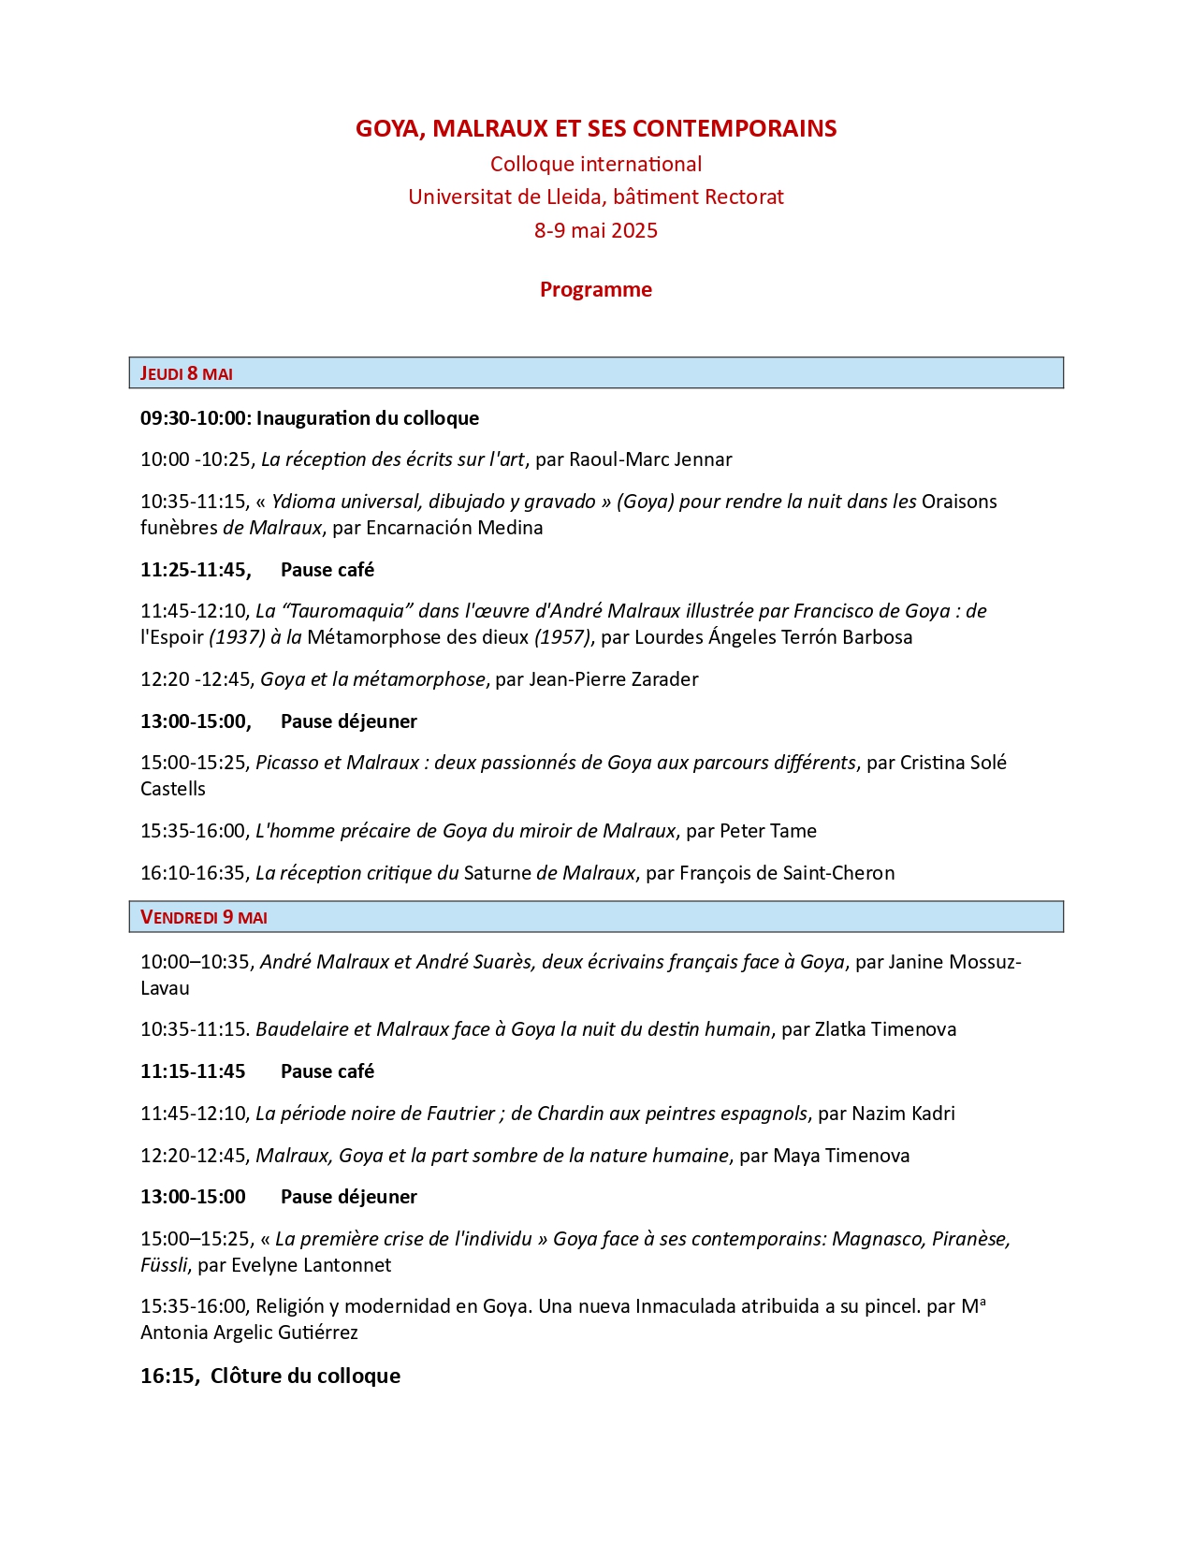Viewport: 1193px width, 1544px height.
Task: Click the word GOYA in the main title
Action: [x=387, y=128]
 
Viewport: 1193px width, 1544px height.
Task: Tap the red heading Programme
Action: [x=596, y=289]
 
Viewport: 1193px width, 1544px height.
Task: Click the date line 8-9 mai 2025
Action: [x=596, y=230]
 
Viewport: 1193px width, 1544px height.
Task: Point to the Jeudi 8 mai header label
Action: [x=186, y=373]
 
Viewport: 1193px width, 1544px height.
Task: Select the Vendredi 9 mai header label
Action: [x=204, y=917]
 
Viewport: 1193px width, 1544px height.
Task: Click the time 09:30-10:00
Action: [x=194, y=418]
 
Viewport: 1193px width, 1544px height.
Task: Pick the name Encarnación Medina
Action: [x=455, y=528]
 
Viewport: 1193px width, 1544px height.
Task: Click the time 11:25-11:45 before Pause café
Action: [x=195, y=570]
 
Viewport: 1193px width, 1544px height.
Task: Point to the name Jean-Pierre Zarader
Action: [x=614, y=679]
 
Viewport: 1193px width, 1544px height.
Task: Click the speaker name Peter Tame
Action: [x=768, y=831]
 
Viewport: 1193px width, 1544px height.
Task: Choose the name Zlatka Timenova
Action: [x=885, y=1029]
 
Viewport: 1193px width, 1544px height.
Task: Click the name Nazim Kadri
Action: [x=903, y=1114]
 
